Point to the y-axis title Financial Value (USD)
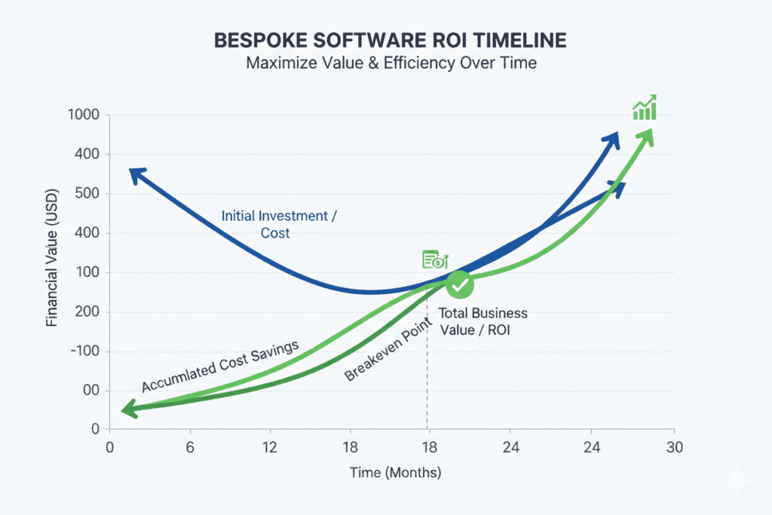[52, 271]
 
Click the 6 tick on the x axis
[190, 447]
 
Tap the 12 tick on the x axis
[271, 447]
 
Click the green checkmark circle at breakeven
[459, 284]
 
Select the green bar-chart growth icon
[644, 108]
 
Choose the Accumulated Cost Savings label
[220, 366]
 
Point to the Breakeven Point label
[391, 349]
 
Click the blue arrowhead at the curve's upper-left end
[136, 175]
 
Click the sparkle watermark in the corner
[734, 480]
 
